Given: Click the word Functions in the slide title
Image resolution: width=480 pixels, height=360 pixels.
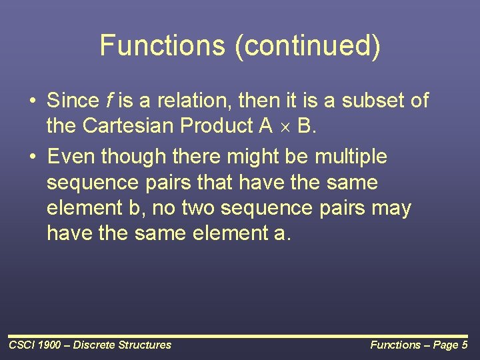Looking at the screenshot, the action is tap(163, 45).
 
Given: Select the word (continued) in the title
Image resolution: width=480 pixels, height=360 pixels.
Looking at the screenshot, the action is tap(307, 46).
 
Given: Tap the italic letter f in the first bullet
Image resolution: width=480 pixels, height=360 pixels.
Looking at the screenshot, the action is tap(109, 100).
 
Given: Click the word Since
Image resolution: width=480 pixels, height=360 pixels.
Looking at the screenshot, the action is tap(73, 100).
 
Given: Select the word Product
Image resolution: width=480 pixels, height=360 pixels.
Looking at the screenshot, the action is tap(217, 125).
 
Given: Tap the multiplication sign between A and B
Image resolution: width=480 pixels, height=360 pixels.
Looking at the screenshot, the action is tap(285, 127).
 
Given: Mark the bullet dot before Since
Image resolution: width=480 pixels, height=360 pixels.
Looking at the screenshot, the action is tap(33, 101).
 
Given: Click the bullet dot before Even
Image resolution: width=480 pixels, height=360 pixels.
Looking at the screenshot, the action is tap(33, 157).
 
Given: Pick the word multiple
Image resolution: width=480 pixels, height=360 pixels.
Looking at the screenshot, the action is tap(351, 157).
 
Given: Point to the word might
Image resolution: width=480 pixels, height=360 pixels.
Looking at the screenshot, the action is tap(253, 157).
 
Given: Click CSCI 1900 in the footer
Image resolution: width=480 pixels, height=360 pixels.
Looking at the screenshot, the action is tap(35, 345).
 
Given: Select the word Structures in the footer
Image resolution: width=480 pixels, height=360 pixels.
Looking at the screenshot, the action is tap(145, 345).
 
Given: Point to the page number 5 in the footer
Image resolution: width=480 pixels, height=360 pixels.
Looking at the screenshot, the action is tap(465, 345).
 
